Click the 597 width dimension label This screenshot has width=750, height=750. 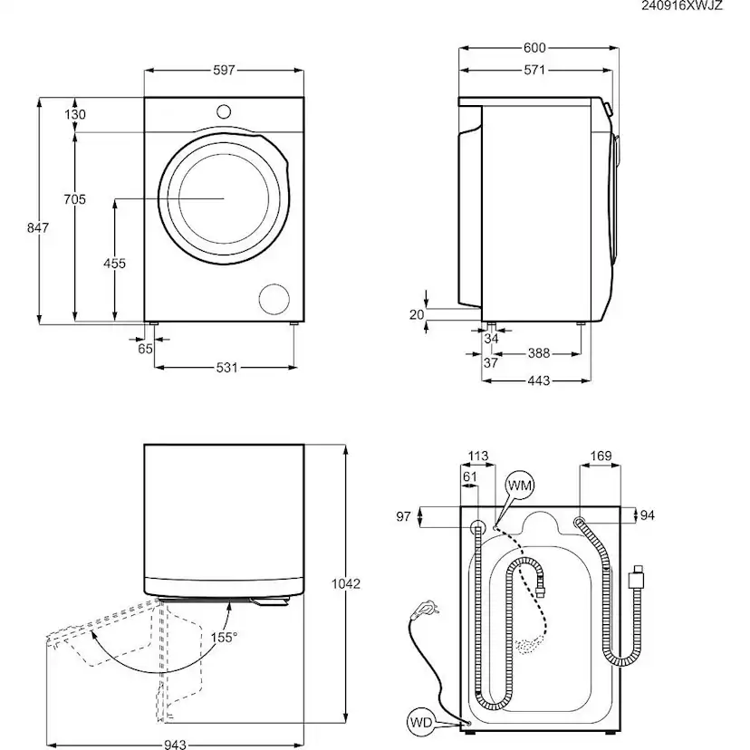[224, 70]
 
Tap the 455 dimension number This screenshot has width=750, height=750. [114, 264]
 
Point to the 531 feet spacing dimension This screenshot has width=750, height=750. [226, 367]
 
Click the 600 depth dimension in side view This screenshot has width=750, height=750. [535, 48]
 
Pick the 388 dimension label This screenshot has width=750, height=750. [538, 353]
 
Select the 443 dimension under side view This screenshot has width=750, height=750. [538, 381]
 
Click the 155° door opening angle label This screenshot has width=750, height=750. [224, 638]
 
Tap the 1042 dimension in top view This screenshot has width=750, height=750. [346, 583]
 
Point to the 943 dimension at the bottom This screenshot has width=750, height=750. [176, 745]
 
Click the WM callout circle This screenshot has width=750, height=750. [520, 486]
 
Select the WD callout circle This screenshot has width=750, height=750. [418, 723]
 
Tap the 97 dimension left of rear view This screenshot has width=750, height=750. [404, 516]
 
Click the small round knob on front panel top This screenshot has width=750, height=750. [224, 111]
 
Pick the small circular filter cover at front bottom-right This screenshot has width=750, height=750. [274, 297]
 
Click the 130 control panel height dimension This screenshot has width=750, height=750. [75, 115]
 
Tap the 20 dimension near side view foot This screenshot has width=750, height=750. [417, 314]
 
